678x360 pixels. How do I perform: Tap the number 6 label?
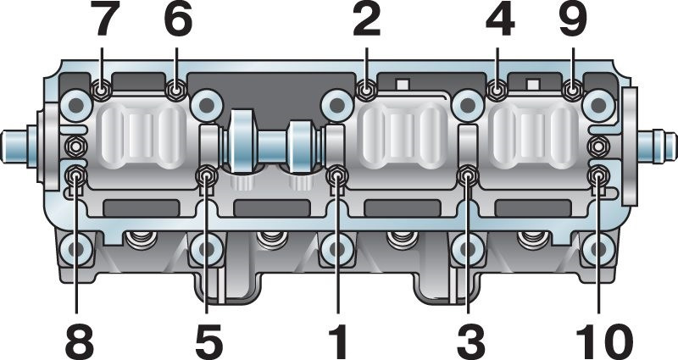pyautogui.click(x=177, y=20)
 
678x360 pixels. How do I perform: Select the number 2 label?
pyautogui.click(x=366, y=20)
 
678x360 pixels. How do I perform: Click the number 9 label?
pyautogui.click(x=573, y=20)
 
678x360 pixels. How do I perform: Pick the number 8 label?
pyautogui.click(x=80, y=341)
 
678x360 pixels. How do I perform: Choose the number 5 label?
pyautogui.click(x=208, y=341)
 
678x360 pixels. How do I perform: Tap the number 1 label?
pyautogui.click(x=337, y=341)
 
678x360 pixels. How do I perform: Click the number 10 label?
pyautogui.click(x=604, y=341)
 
